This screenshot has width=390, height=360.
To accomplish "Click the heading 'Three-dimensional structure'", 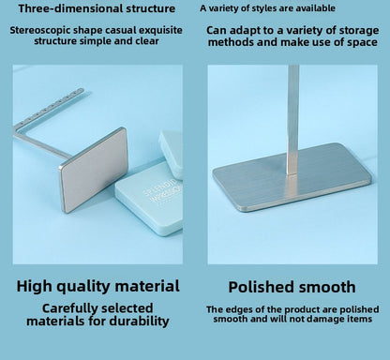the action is (x=97, y=8).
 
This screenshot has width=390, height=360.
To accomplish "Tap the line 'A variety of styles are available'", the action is (x=267, y=8).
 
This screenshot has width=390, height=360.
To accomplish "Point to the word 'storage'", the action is (x=359, y=31).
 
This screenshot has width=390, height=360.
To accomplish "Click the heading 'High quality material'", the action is (x=98, y=286).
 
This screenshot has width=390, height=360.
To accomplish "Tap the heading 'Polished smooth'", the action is (x=292, y=287).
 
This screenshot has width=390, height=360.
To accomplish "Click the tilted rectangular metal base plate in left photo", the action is (x=93, y=170).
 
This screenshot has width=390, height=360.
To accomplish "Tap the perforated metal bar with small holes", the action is (x=49, y=107).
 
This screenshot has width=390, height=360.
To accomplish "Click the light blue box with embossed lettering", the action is (x=149, y=198).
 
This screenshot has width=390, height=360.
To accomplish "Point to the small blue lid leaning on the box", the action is (x=172, y=154).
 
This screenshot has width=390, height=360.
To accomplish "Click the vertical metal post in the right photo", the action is (x=292, y=119).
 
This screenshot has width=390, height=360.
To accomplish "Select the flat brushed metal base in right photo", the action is (x=292, y=177).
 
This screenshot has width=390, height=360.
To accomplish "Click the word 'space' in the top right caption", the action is (x=362, y=42).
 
